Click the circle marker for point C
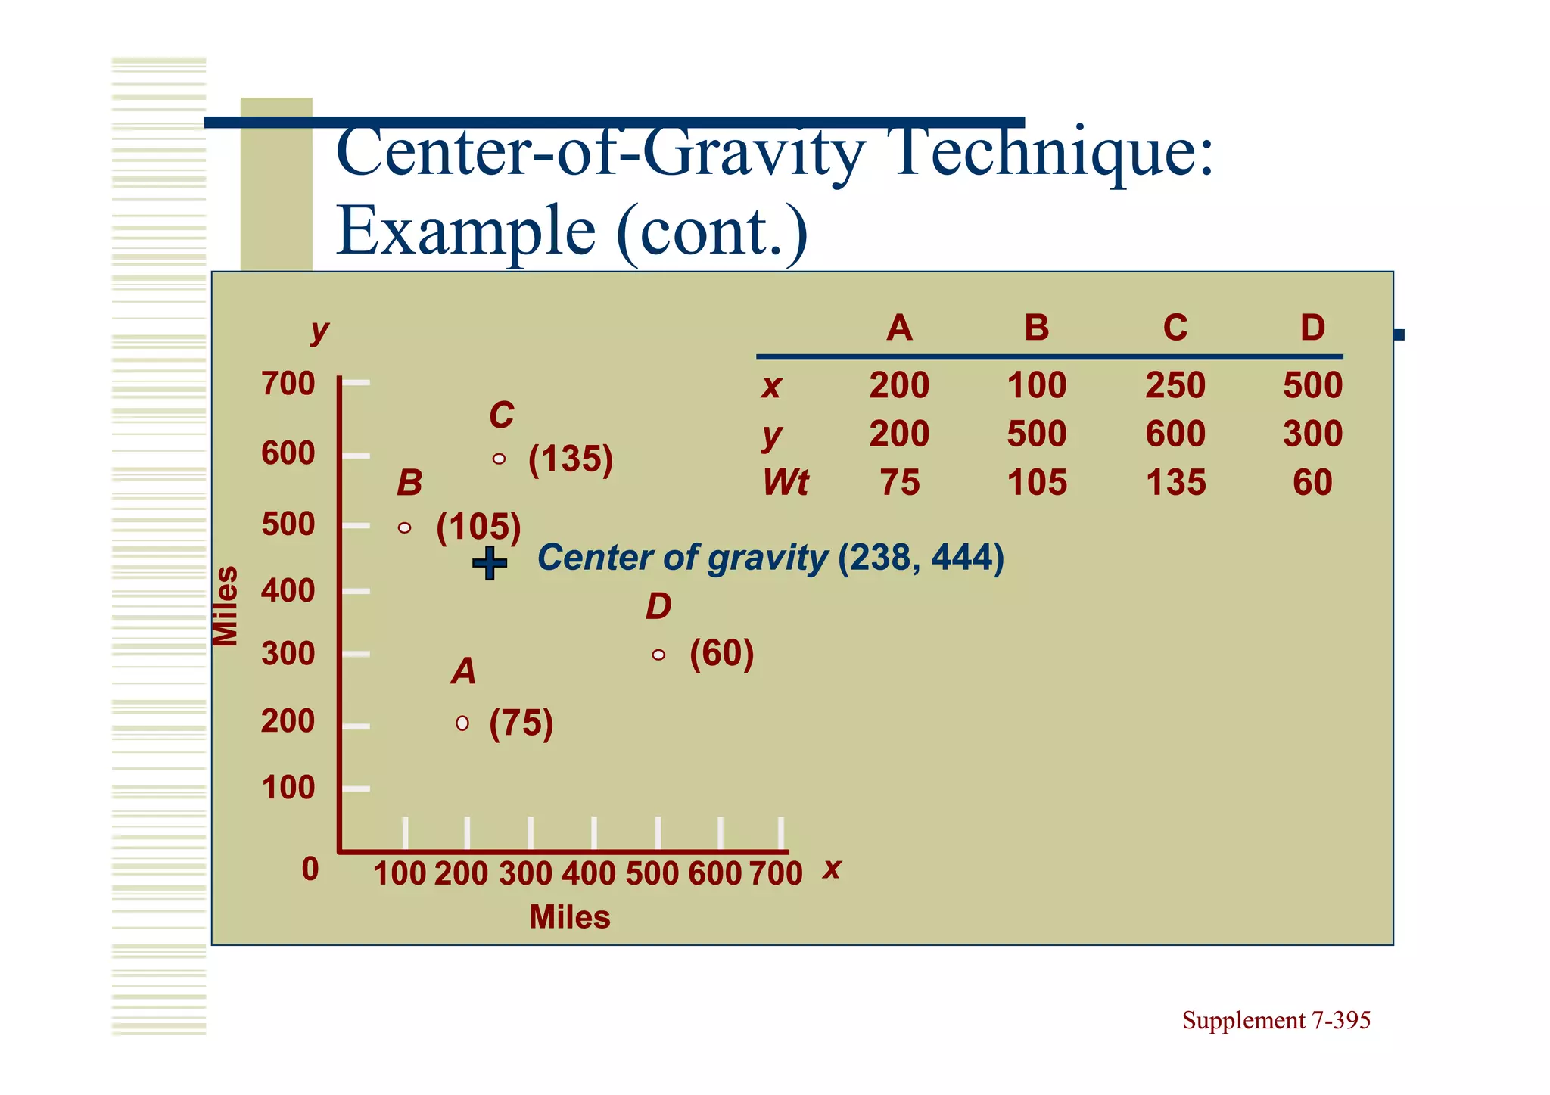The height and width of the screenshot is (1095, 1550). point(499,459)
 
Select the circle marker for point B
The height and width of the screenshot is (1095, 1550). point(405,527)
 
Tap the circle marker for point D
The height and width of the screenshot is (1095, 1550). point(658,655)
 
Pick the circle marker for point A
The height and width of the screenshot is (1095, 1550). point(462,723)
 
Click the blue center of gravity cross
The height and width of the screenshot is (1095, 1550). point(490,563)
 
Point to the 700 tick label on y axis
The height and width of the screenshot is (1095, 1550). point(288,384)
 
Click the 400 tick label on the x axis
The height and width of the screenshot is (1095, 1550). point(588,873)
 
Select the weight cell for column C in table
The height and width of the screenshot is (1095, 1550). point(1175,482)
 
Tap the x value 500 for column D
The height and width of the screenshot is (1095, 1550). point(1312,385)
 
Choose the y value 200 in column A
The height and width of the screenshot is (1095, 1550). point(898,434)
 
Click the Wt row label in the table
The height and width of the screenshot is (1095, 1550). point(785,482)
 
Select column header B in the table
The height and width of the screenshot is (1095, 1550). point(1036,328)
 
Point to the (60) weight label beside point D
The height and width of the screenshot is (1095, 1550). point(721,654)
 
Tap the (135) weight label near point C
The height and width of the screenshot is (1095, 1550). point(571,459)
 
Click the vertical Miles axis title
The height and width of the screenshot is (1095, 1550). point(225,606)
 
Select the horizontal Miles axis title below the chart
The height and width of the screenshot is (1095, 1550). point(569,917)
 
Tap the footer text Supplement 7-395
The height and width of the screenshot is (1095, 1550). point(1276,1020)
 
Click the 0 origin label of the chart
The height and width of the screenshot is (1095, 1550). point(310,869)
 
